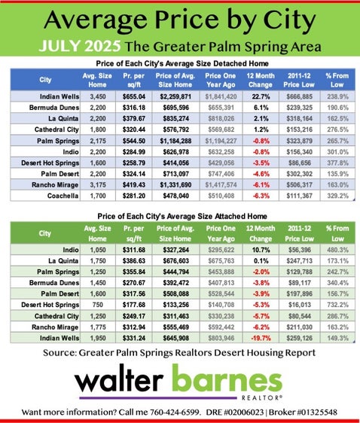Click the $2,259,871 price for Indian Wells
coord(175,96)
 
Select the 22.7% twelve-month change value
coord(261,96)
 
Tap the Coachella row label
coord(63,196)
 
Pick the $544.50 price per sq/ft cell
coord(134,141)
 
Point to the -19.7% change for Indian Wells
coord(261,338)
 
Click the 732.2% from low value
coord(338,305)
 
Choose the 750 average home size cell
coord(97,305)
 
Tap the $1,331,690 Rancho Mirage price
coord(175,185)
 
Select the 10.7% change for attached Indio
coord(261,250)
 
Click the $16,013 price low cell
coord(300,305)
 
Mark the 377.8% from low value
coord(338,163)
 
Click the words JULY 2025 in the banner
coord(80,46)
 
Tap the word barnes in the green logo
coord(227,379)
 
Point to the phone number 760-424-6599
coord(175,412)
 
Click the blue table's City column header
coord(45,80)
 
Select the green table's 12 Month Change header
coord(261,233)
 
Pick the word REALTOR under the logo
coord(261,397)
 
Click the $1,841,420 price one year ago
coord(221,96)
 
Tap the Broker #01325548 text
coord(303,412)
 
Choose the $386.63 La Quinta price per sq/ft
coord(134,261)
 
